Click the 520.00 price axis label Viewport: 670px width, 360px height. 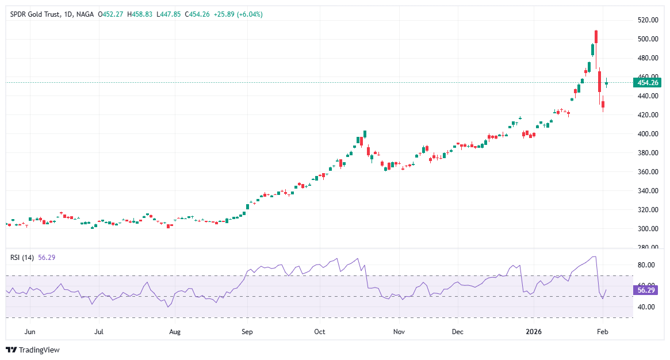648,20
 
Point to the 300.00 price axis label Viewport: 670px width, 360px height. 648,229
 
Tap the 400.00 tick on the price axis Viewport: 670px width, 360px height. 648,134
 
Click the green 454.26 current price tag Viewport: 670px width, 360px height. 648,83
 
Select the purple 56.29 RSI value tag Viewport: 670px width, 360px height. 648,291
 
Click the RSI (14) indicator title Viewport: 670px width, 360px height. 22,258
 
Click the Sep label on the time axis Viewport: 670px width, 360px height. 247,332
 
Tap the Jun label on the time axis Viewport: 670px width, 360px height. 30,332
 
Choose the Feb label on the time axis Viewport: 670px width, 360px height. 602,332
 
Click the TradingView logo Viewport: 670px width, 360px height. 33,350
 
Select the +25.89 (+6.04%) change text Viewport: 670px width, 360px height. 239,14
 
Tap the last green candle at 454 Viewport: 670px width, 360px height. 606,83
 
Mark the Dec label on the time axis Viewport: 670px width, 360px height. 458,332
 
